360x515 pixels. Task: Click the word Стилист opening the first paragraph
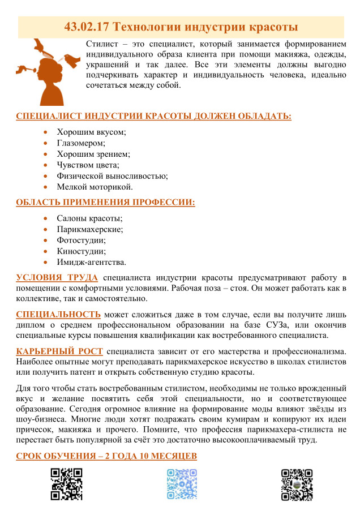click(x=100, y=45)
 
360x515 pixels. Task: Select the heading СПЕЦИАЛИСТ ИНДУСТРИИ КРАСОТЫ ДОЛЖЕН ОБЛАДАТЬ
click(x=154, y=117)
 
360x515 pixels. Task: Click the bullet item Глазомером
click(x=81, y=143)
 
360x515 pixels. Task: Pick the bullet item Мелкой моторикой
click(x=95, y=186)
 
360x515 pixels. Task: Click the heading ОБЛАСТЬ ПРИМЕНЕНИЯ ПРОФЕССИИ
click(x=105, y=202)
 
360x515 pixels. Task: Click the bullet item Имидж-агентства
click(x=91, y=262)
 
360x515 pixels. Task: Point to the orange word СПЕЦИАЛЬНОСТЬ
click(x=59, y=314)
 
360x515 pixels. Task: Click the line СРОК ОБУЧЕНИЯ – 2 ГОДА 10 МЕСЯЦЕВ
click(x=106, y=457)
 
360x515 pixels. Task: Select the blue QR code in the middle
click(x=182, y=484)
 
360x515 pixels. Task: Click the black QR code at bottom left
click(x=66, y=484)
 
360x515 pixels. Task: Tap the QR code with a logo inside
click(x=297, y=484)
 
